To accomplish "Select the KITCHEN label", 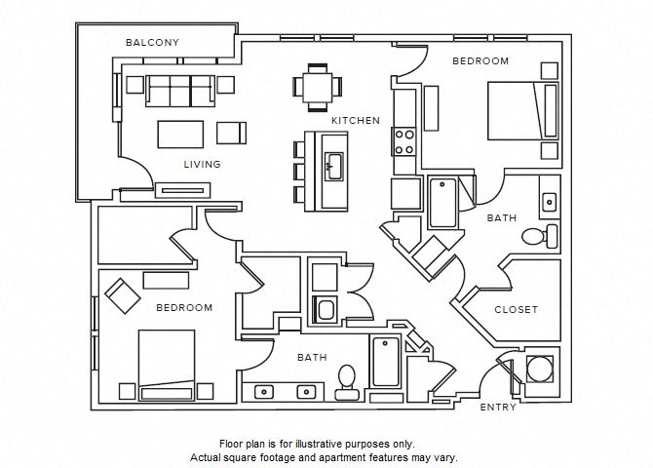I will coord(355,120).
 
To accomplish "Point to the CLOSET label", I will coord(516,309).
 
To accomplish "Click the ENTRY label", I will coord(498,408).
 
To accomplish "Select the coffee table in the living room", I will coord(179,132).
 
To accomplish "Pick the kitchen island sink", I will coord(335,166).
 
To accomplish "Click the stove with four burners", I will coord(404,141).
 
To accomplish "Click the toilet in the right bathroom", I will coord(537,235).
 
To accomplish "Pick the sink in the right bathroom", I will coord(550,200).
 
